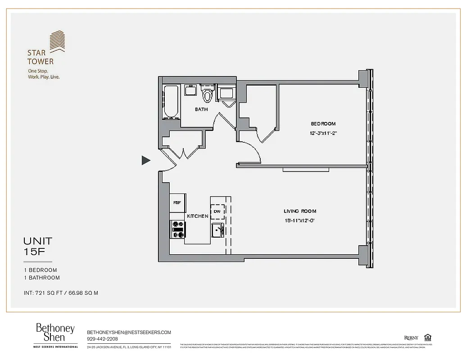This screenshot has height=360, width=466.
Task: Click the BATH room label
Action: point(201,109)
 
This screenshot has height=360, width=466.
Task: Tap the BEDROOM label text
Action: point(323,124)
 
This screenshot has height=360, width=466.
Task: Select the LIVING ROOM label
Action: point(300,211)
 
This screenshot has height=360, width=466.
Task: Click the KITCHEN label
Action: point(198,216)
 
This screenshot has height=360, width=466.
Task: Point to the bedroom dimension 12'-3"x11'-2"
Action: point(323,133)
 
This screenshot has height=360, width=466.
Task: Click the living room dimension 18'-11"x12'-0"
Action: point(300,220)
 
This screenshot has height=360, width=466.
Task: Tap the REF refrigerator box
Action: point(177,203)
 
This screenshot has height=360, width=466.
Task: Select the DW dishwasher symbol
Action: point(217,211)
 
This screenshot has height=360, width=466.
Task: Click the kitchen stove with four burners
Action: point(177,229)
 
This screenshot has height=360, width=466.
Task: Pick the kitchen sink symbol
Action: point(217,229)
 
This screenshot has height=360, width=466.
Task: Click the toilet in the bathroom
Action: point(208,94)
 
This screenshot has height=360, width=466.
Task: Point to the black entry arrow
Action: point(146,160)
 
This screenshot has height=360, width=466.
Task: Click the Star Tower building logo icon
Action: point(57,41)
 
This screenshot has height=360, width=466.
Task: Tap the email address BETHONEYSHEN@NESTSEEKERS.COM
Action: point(129,332)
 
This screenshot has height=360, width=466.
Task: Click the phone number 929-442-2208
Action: point(102,339)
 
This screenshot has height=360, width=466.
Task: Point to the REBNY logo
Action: point(411,337)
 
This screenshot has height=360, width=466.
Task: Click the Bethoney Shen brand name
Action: point(55,333)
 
